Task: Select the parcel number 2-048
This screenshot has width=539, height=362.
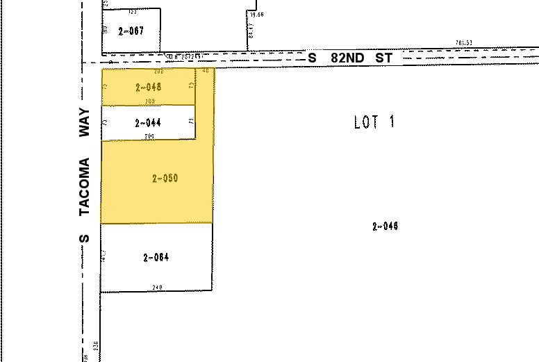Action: (x=149, y=87)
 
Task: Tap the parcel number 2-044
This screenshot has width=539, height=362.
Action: (x=149, y=123)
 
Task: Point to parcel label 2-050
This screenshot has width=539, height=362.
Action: (x=165, y=179)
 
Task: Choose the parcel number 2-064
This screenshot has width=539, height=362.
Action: (x=156, y=258)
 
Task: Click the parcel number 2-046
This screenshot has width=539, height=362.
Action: (x=385, y=226)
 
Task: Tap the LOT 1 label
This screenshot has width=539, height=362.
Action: (x=374, y=122)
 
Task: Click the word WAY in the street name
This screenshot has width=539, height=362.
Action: (x=85, y=124)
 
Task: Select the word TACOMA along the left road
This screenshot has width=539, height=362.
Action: (x=85, y=186)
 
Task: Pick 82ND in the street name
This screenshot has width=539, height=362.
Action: (x=347, y=58)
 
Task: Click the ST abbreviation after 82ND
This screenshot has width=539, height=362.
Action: (x=383, y=58)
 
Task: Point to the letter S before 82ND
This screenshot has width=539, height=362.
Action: (x=313, y=58)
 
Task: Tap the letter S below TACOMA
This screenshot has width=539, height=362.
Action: (x=85, y=238)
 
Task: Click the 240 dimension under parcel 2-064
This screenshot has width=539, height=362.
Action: (x=157, y=287)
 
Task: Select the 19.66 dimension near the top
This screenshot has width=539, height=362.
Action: (x=257, y=14)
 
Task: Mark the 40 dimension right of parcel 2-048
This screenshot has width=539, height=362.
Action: (x=206, y=71)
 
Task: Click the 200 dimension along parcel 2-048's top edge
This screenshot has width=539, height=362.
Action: (x=158, y=71)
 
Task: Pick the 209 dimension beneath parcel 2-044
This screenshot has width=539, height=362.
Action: (x=149, y=136)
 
